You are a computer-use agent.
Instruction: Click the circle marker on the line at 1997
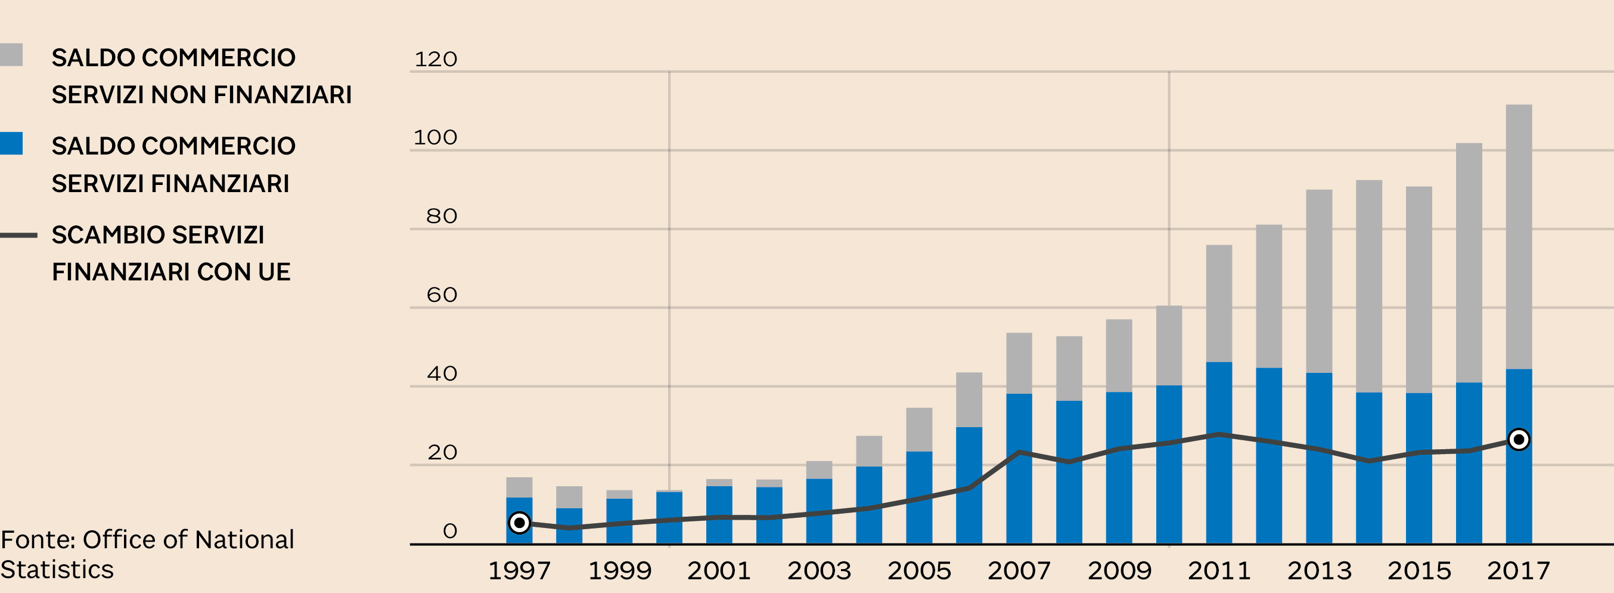click(x=519, y=523)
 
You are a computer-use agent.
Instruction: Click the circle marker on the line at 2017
click(x=1519, y=440)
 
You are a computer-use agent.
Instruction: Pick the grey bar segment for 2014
click(x=1369, y=286)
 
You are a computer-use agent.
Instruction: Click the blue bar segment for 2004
click(x=869, y=505)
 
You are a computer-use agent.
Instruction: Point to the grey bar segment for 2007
click(x=1019, y=363)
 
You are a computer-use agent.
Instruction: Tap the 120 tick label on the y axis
click(x=436, y=60)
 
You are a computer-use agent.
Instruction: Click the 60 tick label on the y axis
click(x=442, y=295)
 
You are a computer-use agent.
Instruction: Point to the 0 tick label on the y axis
click(x=450, y=532)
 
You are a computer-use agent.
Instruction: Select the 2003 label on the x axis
click(x=819, y=571)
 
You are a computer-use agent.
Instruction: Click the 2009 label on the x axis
click(x=1119, y=571)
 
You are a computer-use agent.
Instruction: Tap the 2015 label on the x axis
click(x=1419, y=571)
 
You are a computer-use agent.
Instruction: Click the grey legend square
click(x=11, y=54)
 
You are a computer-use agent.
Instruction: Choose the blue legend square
click(x=11, y=144)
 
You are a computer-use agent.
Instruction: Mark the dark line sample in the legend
click(x=19, y=236)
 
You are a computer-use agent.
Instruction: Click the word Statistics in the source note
click(x=57, y=570)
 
